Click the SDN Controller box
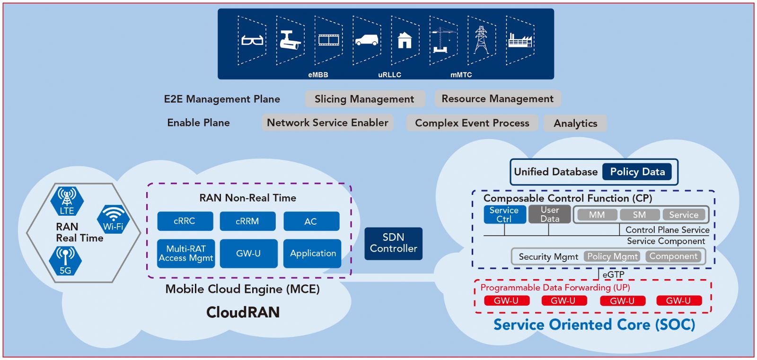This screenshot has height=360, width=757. point(393,243)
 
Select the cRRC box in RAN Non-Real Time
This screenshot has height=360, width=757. point(185,221)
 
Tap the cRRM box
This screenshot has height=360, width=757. point(248,221)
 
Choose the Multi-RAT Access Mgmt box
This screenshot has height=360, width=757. point(186,254)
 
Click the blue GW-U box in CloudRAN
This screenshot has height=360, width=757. point(249,254)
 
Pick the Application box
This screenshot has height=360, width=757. point(312,254)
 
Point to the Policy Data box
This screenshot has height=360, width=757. point(637,172)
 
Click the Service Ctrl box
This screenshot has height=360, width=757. point(504,214)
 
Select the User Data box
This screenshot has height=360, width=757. point(549,214)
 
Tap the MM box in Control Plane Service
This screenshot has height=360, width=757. point(597,215)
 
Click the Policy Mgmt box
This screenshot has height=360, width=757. point(612,256)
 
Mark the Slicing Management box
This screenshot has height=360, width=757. point(365,99)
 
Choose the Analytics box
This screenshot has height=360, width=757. point(575,123)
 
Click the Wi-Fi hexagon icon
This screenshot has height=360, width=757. point(113,219)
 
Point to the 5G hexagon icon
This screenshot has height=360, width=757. point(65,261)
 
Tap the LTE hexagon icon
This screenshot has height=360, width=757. point(67,201)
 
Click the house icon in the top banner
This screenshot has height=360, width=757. point(405,40)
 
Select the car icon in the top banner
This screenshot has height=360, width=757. point(367,40)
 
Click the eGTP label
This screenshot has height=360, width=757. point(613,274)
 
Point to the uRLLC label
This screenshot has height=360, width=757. point(390,75)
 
